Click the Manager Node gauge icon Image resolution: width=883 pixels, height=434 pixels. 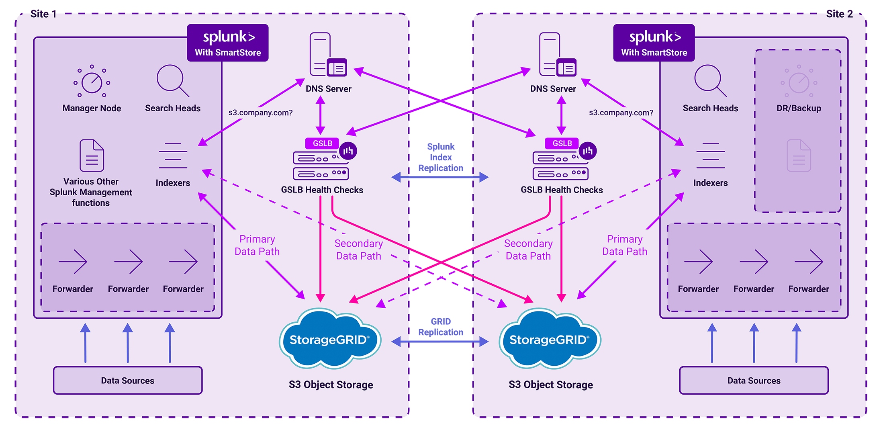[x=92, y=82]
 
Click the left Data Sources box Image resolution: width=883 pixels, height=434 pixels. [x=128, y=380]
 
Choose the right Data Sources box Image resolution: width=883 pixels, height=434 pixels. [x=754, y=380]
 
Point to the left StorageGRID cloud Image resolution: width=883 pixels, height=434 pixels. [x=330, y=339]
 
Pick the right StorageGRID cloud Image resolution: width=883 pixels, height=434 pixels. [x=550, y=339]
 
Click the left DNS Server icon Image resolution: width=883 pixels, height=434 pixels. [x=327, y=55]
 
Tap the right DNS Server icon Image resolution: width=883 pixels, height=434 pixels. [x=557, y=55]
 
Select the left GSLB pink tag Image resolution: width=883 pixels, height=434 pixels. [x=322, y=143]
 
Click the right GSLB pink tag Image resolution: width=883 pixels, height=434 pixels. [x=562, y=143]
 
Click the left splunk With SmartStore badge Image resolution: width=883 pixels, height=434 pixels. [x=228, y=43]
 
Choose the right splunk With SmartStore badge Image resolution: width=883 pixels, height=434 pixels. [x=654, y=43]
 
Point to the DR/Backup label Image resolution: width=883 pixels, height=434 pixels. [x=799, y=108]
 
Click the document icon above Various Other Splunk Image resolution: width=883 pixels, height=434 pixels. [x=92, y=156]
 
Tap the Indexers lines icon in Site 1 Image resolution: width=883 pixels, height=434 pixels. [x=173, y=156]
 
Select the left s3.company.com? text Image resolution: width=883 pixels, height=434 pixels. [x=260, y=113]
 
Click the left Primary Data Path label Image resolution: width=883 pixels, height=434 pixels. [x=257, y=245]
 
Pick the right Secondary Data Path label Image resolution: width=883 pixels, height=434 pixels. [x=528, y=250]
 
